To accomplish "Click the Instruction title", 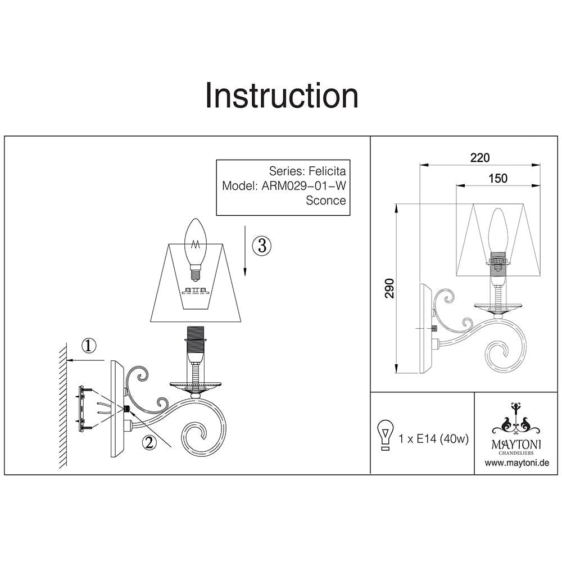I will [x=281, y=96].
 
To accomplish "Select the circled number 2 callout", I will [x=148, y=443].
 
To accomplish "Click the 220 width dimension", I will [x=480, y=158].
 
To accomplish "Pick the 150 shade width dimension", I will [x=498, y=178].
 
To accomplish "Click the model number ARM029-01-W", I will [x=304, y=186].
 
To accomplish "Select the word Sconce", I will [x=325, y=201].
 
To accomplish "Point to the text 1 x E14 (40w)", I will [x=433, y=438].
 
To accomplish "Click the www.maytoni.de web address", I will [x=517, y=463].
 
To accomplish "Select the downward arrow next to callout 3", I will [x=246, y=250].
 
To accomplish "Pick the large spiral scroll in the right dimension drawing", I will [x=504, y=353].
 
